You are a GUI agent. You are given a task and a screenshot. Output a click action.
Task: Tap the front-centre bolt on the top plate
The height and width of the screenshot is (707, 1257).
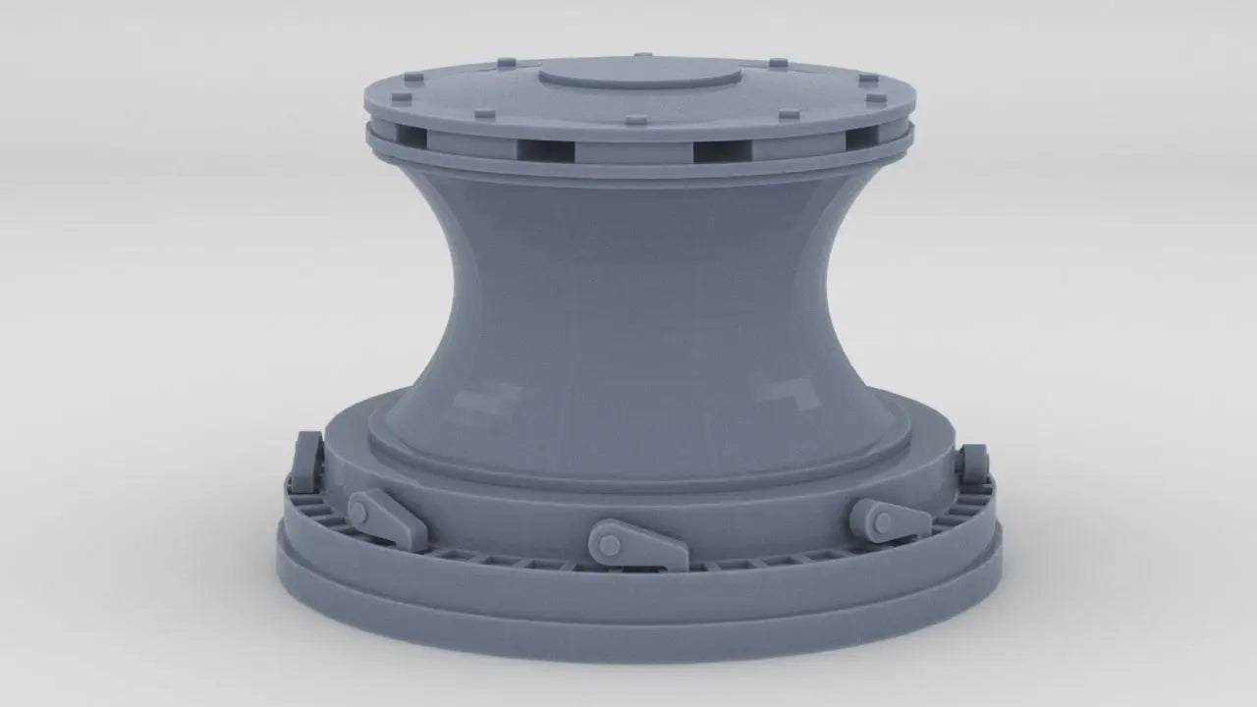point(636,122)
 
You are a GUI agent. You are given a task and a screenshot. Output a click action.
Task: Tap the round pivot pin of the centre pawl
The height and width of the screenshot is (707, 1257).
point(607,541)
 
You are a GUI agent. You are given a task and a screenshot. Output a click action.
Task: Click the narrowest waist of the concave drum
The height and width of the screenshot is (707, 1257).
point(634,295)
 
